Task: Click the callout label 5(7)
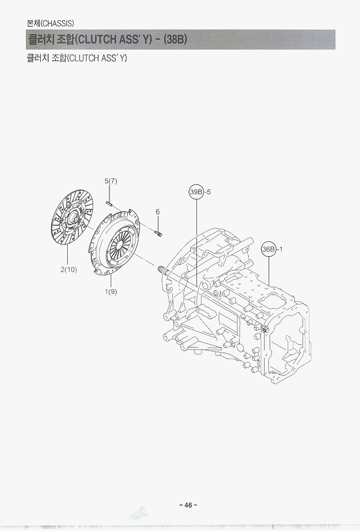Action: click(x=111, y=181)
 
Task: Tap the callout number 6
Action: click(x=158, y=212)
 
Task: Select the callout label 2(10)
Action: click(x=69, y=270)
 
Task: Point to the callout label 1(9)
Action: click(x=111, y=291)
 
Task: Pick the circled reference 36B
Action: click(x=269, y=249)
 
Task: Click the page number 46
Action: click(x=188, y=505)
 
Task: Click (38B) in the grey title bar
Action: click(x=175, y=40)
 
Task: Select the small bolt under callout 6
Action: click(x=158, y=234)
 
